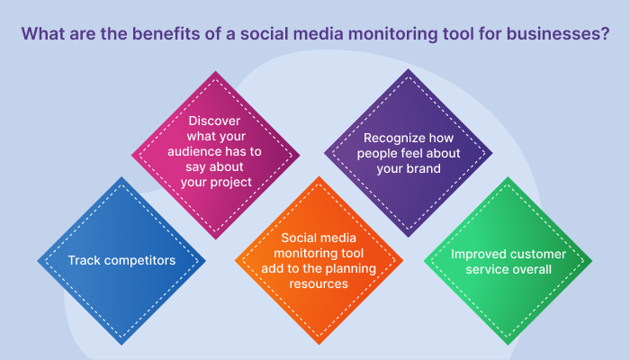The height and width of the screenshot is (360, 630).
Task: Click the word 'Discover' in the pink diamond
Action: tap(214, 121)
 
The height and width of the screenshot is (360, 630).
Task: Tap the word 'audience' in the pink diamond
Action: tap(193, 151)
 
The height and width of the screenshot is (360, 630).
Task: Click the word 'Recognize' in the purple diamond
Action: tap(390, 139)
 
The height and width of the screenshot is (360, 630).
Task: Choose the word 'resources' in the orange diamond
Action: tap(319, 284)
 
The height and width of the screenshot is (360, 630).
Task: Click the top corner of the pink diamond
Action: tap(216, 71)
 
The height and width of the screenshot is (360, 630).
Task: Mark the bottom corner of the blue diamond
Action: tap(121, 345)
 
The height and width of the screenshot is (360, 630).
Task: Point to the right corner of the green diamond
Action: tap(592, 261)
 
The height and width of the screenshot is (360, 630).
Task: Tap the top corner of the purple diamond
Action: tap(409, 68)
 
